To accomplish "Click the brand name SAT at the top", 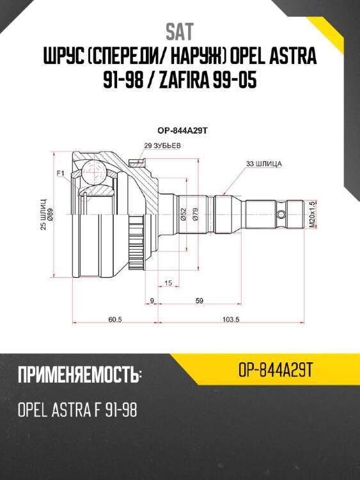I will click(x=180, y=31).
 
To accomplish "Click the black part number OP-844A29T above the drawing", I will click(x=180, y=130).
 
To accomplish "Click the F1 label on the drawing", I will click(x=61, y=173).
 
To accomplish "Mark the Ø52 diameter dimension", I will click(x=183, y=215).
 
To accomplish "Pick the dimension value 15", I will click(x=168, y=282).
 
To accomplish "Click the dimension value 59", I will click(x=200, y=300).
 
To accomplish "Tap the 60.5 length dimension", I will click(x=115, y=318).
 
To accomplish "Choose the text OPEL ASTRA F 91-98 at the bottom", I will click(x=77, y=409).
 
